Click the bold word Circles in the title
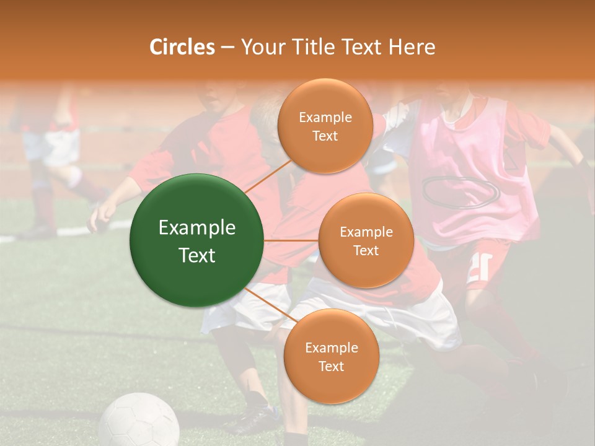pyautogui.click(x=182, y=47)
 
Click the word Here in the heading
pyautogui.click(x=412, y=47)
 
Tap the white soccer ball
pyautogui.click(x=139, y=421)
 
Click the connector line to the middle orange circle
pyautogui.click(x=291, y=240)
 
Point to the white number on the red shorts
pyautogui.click(x=478, y=268)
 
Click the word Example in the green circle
pyautogui.click(x=197, y=228)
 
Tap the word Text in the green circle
pyautogui.click(x=197, y=255)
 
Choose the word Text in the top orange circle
pyautogui.click(x=325, y=136)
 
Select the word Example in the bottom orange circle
pyautogui.click(x=331, y=348)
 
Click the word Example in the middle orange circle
pyautogui.click(x=366, y=232)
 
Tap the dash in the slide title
pyautogui.click(x=227, y=47)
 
